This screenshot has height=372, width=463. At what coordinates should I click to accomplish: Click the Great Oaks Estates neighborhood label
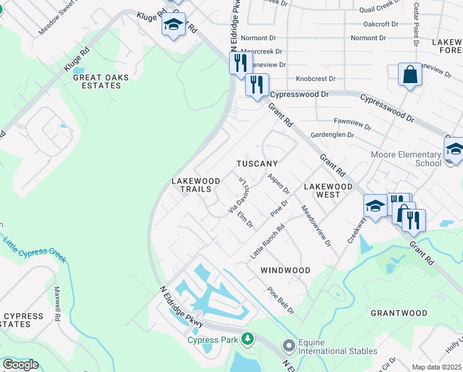coord(97,81)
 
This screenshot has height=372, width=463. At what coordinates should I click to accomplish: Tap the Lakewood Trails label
coord(195,185)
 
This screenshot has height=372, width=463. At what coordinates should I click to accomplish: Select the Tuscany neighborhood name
coord(257,164)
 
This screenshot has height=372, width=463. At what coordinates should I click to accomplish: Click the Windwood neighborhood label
coord(285,270)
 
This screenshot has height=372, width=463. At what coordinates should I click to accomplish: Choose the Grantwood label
coord(399,313)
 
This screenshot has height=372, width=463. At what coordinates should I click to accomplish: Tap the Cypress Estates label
coord(23,320)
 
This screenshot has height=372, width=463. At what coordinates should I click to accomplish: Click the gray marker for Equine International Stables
coord(288,345)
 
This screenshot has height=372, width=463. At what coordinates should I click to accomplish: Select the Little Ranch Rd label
coord(267,242)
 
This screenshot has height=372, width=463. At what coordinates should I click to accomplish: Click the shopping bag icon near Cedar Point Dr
coord(410,75)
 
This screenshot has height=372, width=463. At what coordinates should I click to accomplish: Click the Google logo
coord(20,365)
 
